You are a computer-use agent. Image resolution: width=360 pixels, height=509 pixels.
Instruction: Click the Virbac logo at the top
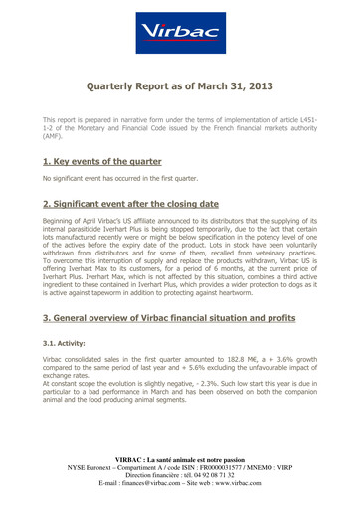[179, 34]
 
